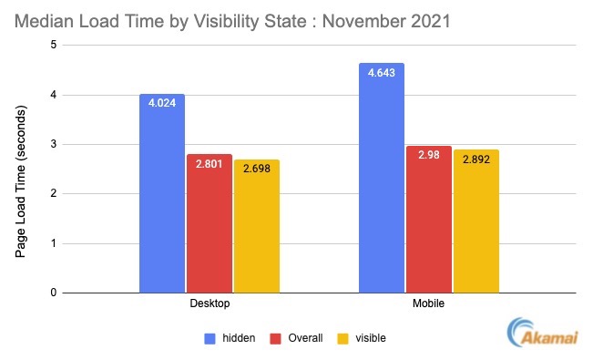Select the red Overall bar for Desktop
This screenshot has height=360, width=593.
(210, 223)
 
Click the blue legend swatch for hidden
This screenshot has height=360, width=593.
(210, 338)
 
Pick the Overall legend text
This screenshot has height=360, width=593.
(306, 338)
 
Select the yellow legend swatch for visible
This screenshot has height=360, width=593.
(344, 338)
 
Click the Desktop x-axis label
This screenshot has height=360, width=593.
(210, 303)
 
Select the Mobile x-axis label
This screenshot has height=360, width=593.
(429, 303)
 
